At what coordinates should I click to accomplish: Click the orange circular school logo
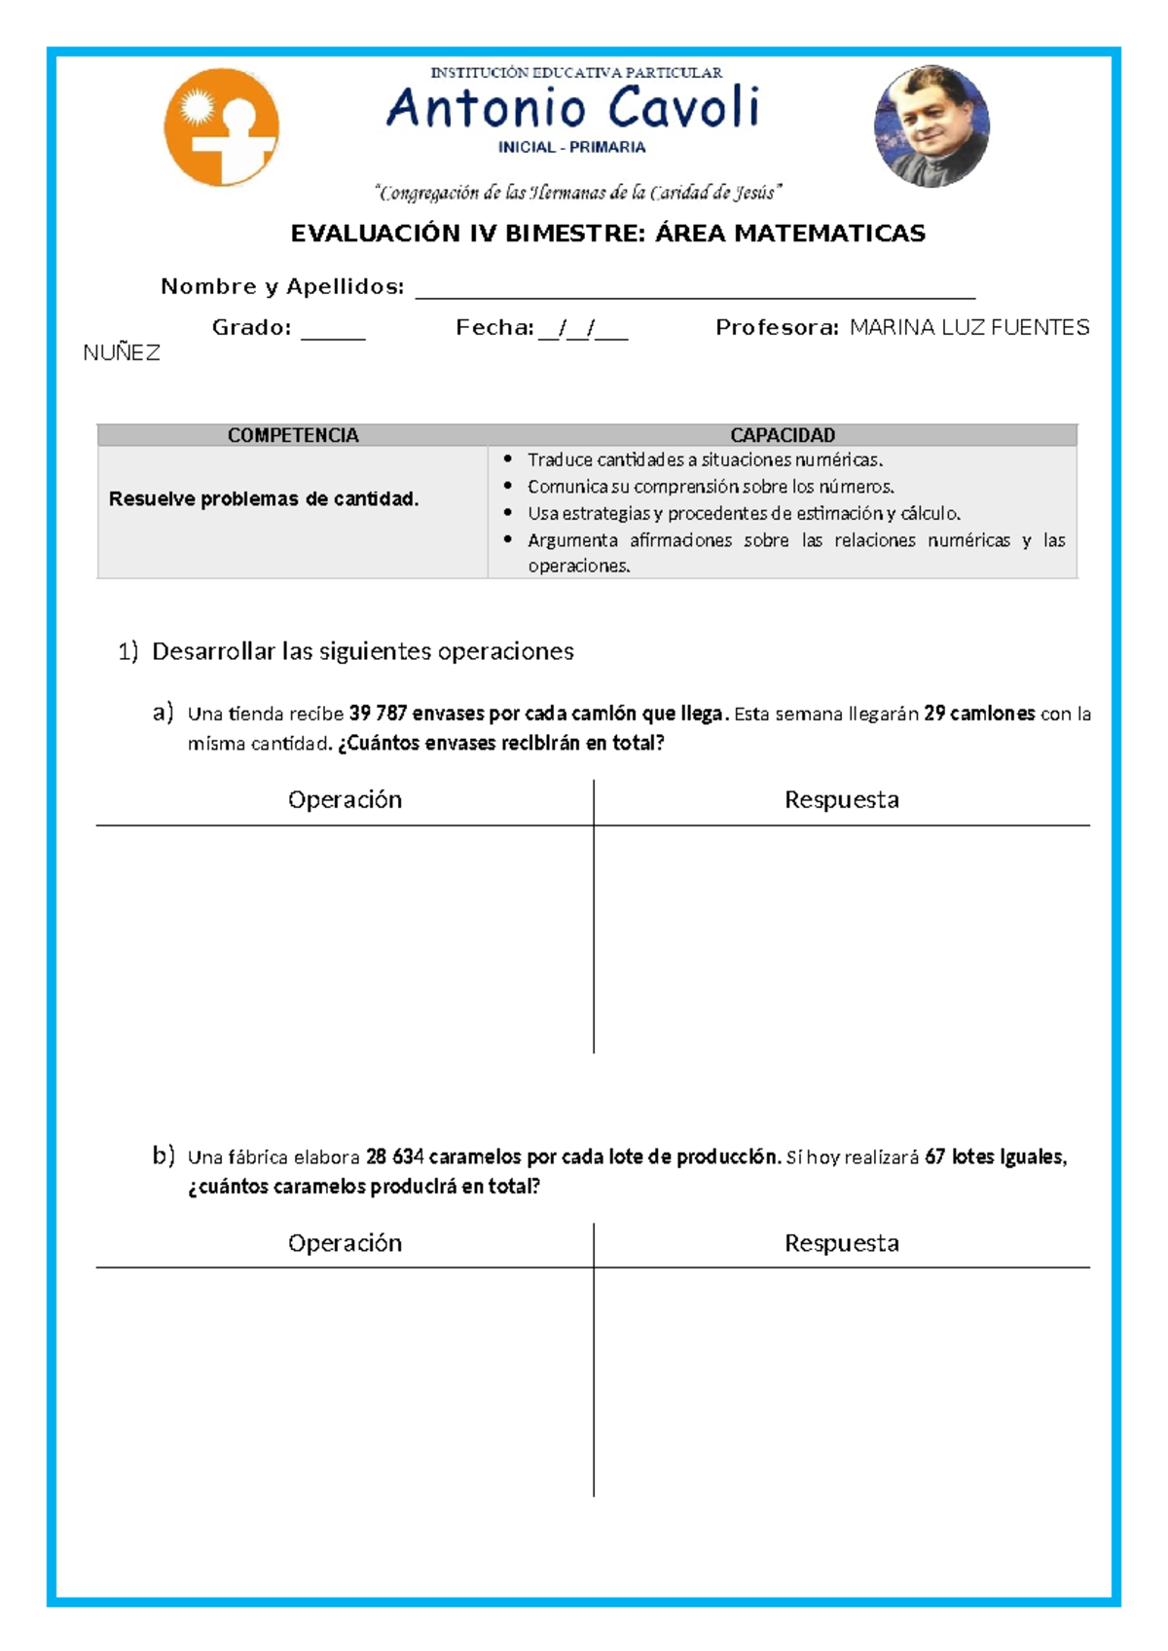click(x=221, y=128)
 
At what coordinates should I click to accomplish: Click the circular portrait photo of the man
click(x=931, y=126)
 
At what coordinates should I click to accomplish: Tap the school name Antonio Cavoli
click(x=572, y=107)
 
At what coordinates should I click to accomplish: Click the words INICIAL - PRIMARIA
click(x=571, y=148)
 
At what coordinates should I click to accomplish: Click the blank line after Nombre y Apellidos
click(x=695, y=290)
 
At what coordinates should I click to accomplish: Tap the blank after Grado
click(x=333, y=331)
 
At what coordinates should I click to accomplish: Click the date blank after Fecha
click(x=583, y=331)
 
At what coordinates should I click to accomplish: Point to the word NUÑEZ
click(x=122, y=353)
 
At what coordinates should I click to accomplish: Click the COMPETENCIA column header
click(x=293, y=435)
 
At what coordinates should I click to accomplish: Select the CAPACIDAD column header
click(x=783, y=435)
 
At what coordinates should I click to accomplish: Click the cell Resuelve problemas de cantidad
click(x=264, y=499)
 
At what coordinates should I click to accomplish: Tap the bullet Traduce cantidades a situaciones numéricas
click(x=705, y=459)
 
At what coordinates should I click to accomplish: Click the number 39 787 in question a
click(x=378, y=714)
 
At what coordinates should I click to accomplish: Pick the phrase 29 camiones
click(x=979, y=714)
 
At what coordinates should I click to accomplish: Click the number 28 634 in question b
click(x=394, y=1157)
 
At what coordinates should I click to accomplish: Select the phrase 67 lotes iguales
click(x=995, y=1157)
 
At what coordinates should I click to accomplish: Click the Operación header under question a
click(x=345, y=800)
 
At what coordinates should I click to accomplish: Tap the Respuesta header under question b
click(x=841, y=1243)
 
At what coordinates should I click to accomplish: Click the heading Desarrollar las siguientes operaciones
click(x=362, y=651)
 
